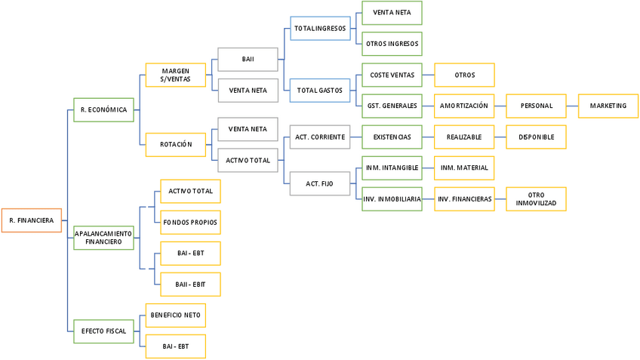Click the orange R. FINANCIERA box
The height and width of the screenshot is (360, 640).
tap(31, 220)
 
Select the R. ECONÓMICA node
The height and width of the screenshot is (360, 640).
tap(103, 109)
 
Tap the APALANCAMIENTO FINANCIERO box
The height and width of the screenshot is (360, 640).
tap(103, 238)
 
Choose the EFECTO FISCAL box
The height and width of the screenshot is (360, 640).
tap(103, 331)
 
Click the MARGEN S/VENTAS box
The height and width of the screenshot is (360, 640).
tap(175, 75)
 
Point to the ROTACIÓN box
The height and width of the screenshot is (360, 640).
tap(175, 144)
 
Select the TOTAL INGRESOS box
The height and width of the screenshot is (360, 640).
tap(320, 29)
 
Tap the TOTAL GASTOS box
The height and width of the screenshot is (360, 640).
tap(320, 91)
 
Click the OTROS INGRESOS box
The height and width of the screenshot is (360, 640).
tap(392, 44)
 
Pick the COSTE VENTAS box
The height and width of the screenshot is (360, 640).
tap(392, 75)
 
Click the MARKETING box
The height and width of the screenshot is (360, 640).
tap(608, 106)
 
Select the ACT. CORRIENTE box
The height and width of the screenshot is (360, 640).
tap(320, 137)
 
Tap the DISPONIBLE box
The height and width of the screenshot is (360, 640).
tap(536, 137)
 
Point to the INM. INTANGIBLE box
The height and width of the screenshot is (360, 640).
tap(392, 168)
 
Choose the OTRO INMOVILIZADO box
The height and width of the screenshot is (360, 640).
tap(536, 198)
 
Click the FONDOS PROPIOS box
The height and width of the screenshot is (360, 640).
tap(190, 222)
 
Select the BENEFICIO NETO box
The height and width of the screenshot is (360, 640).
tap(175, 315)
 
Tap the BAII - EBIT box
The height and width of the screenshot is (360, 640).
tap(190, 284)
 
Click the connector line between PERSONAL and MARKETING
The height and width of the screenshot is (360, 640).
tap(572, 106)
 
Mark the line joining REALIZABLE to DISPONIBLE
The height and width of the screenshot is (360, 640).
tap(500, 137)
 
